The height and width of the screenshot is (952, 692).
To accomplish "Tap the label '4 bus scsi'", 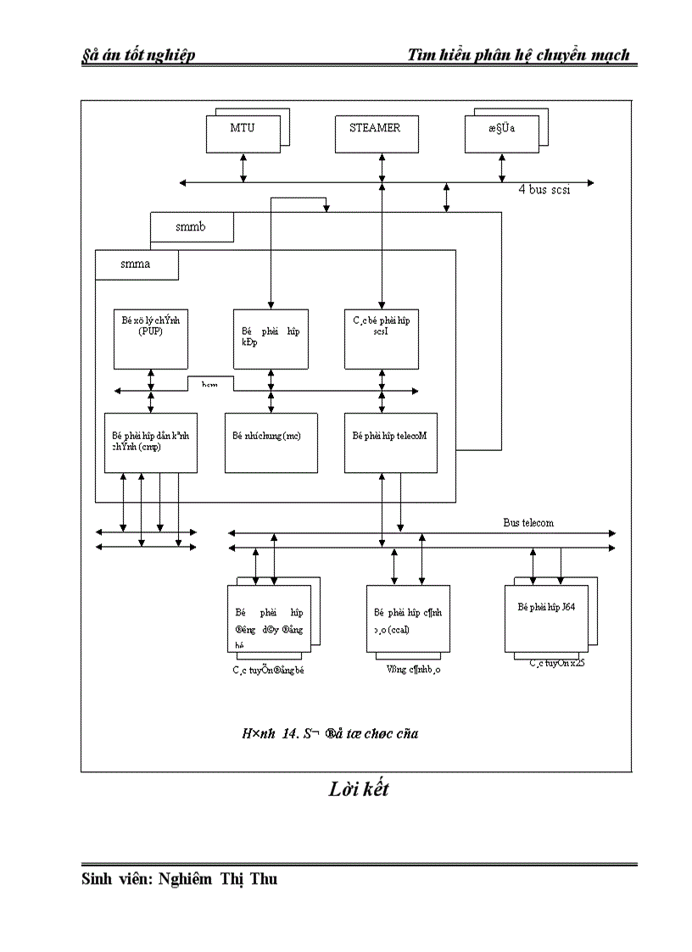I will tap(544, 191).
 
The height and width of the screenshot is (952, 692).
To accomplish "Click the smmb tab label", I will tap(191, 227).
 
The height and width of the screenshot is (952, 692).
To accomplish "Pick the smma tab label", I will tap(136, 264).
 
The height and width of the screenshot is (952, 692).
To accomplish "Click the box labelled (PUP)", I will tap(150, 337).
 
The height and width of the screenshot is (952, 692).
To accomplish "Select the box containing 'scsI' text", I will tap(381, 337).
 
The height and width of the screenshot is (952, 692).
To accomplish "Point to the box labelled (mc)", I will tap(271, 442).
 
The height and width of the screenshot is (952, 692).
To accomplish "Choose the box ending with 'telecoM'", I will tap(390, 442).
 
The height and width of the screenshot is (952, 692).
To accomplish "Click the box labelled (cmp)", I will tap(150, 442).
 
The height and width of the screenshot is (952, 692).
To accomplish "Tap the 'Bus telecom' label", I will tap(527, 523).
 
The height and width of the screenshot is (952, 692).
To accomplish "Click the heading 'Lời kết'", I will tap(359, 790).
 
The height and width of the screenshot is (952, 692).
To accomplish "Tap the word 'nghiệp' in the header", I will tap(166, 55).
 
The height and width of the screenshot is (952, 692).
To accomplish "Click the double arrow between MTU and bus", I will tap(243, 167).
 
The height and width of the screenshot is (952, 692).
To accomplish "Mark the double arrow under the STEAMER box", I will tap(382, 167).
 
